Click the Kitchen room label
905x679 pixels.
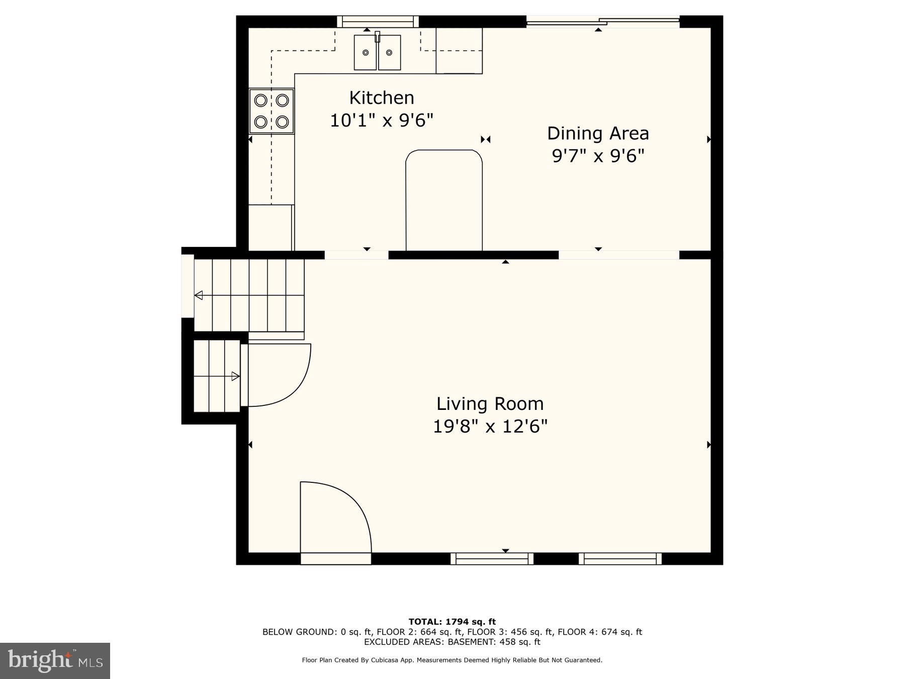(x=382, y=98)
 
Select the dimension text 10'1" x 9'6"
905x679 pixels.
(x=382, y=121)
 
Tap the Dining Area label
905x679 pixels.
(x=598, y=133)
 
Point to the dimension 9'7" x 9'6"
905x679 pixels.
(x=598, y=156)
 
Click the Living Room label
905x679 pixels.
(x=490, y=404)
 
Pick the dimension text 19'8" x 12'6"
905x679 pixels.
(x=490, y=427)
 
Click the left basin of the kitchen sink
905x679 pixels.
(x=366, y=52)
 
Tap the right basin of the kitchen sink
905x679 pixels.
(x=389, y=52)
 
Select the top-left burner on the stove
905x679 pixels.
(x=260, y=100)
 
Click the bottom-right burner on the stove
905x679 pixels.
(x=283, y=122)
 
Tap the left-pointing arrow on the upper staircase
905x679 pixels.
(x=199, y=295)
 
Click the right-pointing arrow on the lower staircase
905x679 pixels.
(x=235, y=376)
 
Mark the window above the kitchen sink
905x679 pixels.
(x=377, y=22)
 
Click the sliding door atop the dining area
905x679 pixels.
(x=602, y=21)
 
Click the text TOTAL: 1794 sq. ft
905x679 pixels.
(x=452, y=622)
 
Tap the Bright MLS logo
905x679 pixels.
(x=55, y=660)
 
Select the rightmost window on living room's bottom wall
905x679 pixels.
(x=620, y=558)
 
